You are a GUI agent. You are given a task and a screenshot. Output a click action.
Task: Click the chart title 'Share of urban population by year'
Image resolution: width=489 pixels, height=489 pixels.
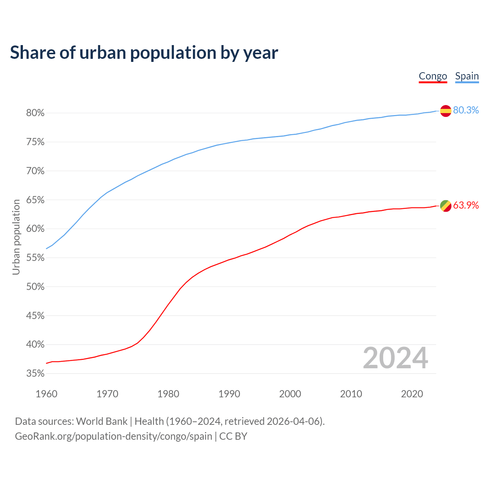(144, 53)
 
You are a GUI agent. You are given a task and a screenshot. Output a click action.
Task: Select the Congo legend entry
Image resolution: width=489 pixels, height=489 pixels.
(433, 76)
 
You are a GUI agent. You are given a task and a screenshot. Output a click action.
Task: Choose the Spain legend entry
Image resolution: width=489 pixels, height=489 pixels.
(467, 76)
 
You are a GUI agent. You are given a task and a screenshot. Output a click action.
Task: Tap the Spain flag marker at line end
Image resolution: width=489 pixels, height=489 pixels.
(445, 111)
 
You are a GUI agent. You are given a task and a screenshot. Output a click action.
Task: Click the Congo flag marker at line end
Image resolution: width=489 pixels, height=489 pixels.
(445, 206)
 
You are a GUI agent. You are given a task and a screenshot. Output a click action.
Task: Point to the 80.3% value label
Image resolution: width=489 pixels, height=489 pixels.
(466, 110)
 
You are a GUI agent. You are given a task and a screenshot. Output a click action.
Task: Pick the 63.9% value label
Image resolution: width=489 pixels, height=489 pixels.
(466, 205)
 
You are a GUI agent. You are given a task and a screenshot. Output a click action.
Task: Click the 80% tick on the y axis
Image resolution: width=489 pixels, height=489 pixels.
(36, 113)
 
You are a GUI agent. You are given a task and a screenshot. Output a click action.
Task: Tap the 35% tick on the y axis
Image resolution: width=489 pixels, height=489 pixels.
(36, 374)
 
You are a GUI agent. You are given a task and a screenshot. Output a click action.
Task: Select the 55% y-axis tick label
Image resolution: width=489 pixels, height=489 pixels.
(36, 258)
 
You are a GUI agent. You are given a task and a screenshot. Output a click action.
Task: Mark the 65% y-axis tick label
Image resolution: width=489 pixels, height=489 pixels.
(36, 200)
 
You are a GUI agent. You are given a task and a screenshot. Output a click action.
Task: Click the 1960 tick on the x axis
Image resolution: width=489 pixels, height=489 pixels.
(46, 394)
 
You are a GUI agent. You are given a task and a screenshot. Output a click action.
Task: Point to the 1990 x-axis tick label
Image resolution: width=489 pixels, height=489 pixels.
(229, 394)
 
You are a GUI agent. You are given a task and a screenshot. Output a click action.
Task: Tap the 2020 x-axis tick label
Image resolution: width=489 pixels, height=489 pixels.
(412, 394)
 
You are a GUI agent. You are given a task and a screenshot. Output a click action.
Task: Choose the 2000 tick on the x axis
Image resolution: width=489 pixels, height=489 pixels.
(290, 394)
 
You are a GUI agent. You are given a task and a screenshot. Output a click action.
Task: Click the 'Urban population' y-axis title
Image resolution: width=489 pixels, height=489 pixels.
(16, 237)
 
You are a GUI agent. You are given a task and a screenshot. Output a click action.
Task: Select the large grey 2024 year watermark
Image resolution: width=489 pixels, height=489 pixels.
(395, 358)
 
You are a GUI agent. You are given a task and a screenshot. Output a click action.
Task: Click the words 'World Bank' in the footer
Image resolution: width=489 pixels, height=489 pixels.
(102, 421)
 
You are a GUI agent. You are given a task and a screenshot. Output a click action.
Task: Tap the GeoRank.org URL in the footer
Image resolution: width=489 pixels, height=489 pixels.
(113, 436)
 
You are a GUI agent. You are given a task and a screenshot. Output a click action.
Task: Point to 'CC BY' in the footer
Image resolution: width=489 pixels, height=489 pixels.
(233, 436)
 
